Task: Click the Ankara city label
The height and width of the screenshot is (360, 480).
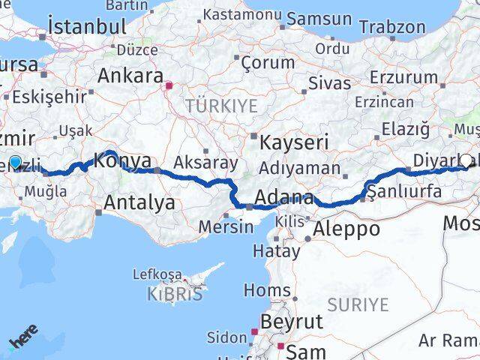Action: coord(131,76)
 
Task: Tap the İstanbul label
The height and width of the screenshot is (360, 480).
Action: coord(87,26)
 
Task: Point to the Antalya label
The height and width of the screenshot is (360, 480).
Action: coord(140,202)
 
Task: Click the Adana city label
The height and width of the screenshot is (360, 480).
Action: coord(284,198)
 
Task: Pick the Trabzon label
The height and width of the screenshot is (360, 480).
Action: coord(391,26)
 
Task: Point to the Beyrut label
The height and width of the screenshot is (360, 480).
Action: coord(289,322)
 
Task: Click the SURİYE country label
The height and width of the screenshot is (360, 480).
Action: coord(358,304)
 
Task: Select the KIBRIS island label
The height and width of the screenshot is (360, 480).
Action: coord(176,293)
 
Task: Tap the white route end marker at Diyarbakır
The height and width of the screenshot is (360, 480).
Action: coord(466,160)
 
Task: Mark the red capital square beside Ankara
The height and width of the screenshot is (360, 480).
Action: coord(170,85)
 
